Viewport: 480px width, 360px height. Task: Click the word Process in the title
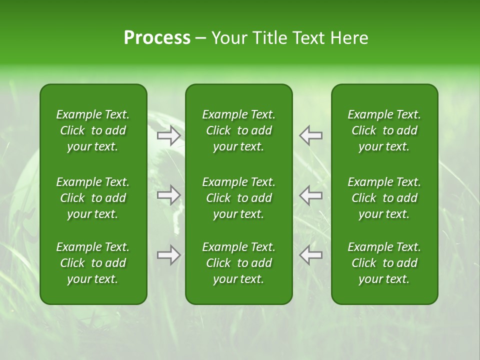pyautogui.click(x=157, y=38)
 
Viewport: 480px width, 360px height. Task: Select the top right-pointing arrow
pyautogui.click(x=168, y=135)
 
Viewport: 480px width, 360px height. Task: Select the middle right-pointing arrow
pyautogui.click(x=168, y=195)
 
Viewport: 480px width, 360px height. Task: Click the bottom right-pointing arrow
pyautogui.click(x=168, y=255)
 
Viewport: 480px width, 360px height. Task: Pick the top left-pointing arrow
pyautogui.click(x=310, y=135)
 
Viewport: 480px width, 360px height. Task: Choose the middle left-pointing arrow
pyautogui.click(x=310, y=195)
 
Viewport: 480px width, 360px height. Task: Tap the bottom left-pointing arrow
pyautogui.click(x=310, y=255)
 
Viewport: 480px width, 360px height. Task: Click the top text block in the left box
pyautogui.click(x=93, y=130)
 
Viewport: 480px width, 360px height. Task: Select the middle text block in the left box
pyautogui.click(x=93, y=198)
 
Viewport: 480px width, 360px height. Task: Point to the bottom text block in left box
pyautogui.click(x=93, y=263)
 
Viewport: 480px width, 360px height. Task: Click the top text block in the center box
pyautogui.click(x=238, y=130)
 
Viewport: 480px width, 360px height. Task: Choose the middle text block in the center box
pyautogui.click(x=238, y=198)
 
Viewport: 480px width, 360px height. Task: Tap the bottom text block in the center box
pyautogui.click(x=238, y=263)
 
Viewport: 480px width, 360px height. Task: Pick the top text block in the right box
pyautogui.click(x=384, y=130)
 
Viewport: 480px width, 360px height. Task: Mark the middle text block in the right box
pyautogui.click(x=384, y=198)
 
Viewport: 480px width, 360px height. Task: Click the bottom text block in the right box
pyautogui.click(x=384, y=263)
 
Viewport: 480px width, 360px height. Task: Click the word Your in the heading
pyautogui.click(x=229, y=38)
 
